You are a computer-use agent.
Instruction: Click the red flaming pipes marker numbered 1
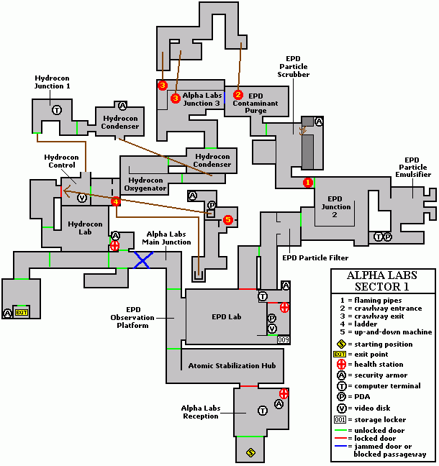pyautogui.click(x=308, y=183)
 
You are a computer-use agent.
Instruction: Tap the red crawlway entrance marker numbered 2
pyautogui.click(x=239, y=94)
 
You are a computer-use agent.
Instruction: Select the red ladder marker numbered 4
pyautogui.click(x=115, y=202)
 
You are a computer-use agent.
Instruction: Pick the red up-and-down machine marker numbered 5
pyautogui.click(x=228, y=219)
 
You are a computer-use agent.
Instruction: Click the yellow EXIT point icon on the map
pyautogui.click(x=22, y=313)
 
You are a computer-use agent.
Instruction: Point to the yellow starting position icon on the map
pyautogui.click(x=250, y=452)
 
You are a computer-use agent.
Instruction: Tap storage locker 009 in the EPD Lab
pyautogui.click(x=283, y=339)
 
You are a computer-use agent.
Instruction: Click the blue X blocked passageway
pyautogui.click(x=142, y=260)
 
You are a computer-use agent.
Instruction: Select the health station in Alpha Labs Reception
pyautogui.click(x=284, y=393)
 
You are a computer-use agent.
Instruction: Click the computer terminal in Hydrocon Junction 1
pyautogui.click(x=56, y=110)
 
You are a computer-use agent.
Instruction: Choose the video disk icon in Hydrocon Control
pyautogui.click(x=81, y=198)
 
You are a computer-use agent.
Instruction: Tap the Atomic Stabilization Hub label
pyautogui.click(x=232, y=366)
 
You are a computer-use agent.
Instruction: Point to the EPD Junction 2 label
pyautogui.click(x=335, y=206)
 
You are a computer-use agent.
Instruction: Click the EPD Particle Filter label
pyautogui.click(x=315, y=257)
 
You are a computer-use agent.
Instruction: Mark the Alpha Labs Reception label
pyautogui.click(x=201, y=412)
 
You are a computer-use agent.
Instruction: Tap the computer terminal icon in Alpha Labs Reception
pyautogui.click(x=263, y=410)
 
